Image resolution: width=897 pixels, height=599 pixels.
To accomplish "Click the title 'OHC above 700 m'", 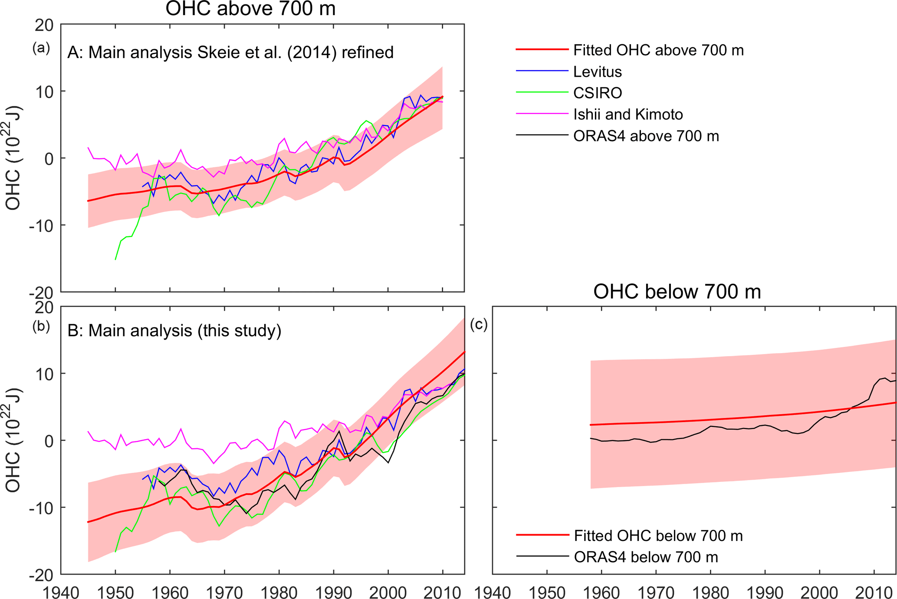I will click(x=250, y=9).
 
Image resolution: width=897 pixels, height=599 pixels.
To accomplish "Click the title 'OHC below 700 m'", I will click(x=677, y=292).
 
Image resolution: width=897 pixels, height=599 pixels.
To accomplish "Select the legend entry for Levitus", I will click(x=597, y=72).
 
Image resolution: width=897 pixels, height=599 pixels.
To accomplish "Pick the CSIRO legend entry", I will click(x=597, y=93).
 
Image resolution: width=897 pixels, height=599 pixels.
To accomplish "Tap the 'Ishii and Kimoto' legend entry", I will click(x=628, y=115).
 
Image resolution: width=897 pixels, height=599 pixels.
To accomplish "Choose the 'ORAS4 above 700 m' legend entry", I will click(x=646, y=136).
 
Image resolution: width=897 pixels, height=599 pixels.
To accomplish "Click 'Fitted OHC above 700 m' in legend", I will click(x=658, y=50).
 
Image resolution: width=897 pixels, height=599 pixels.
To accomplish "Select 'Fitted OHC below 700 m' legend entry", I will click(x=658, y=536).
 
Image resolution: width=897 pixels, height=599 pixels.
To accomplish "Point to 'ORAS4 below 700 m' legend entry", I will click(x=646, y=557).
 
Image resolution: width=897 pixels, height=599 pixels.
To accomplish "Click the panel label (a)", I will click(x=41, y=48).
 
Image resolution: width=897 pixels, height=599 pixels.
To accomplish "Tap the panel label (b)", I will click(x=41, y=326).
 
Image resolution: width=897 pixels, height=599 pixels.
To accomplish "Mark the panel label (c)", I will click(x=479, y=324).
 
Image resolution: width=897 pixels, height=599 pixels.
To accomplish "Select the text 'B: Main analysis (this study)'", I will click(x=174, y=331).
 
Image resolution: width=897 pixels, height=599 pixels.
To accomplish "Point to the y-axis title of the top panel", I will click(x=13, y=158).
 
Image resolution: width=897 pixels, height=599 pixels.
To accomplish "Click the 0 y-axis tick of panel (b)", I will click(x=48, y=441).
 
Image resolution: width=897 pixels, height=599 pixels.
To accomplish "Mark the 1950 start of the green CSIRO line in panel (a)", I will click(x=115, y=259).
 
